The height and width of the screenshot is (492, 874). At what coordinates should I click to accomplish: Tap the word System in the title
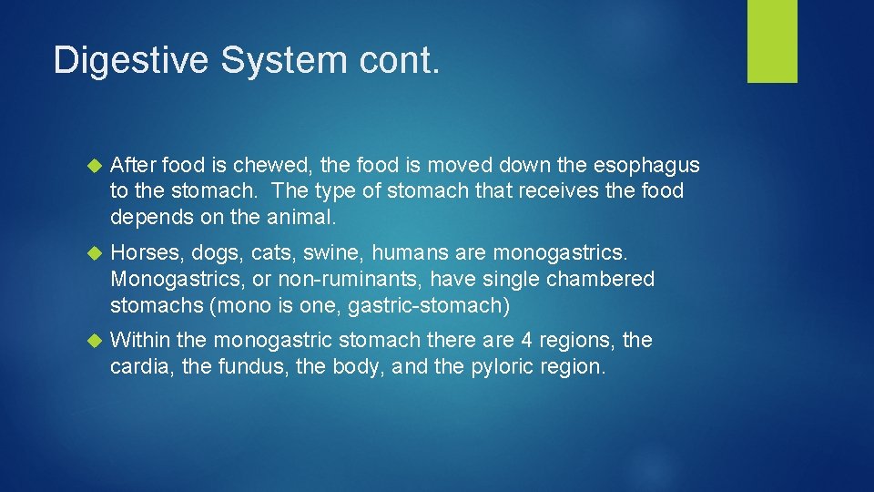click(x=268, y=60)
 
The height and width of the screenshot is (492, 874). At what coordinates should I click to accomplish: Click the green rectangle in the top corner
click(x=772, y=41)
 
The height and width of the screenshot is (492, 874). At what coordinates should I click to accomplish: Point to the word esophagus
click(x=645, y=165)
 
